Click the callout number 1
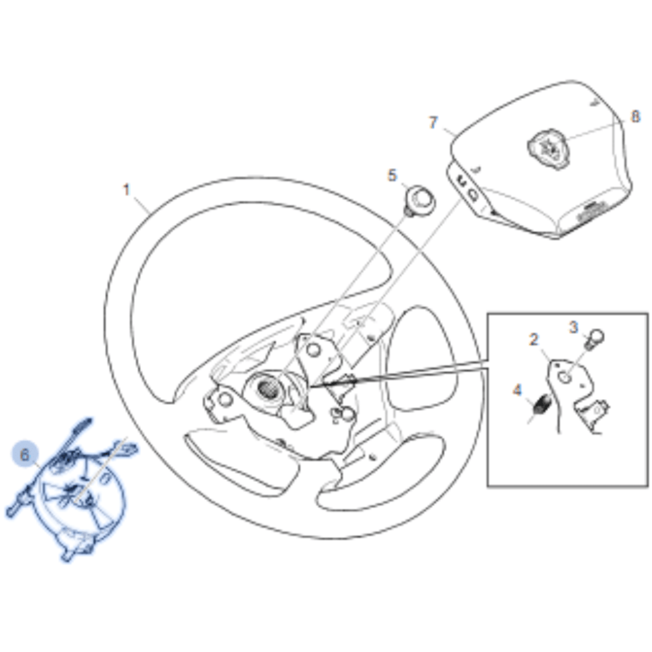(126, 190)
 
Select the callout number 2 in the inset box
(534, 339)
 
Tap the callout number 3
(573, 327)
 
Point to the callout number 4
(517, 390)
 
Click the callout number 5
(392, 175)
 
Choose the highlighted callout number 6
(25, 455)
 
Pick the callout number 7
(433, 123)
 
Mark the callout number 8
(636, 117)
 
